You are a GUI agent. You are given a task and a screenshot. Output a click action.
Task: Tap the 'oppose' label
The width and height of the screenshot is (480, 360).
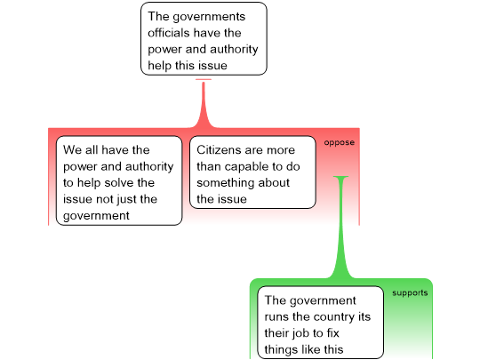[x=340, y=142]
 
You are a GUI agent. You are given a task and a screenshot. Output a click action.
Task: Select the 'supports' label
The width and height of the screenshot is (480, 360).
[x=410, y=293]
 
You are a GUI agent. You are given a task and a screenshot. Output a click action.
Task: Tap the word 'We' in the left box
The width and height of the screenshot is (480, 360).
[x=72, y=150]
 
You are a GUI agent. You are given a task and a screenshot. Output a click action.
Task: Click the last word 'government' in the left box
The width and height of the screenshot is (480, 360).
[x=96, y=216]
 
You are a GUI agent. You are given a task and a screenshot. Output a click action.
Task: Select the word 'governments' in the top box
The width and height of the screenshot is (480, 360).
[x=209, y=17]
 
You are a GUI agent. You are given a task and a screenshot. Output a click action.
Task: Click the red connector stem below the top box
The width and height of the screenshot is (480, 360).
[x=204, y=105]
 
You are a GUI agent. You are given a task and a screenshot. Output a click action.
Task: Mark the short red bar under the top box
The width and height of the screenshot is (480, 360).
[x=204, y=80]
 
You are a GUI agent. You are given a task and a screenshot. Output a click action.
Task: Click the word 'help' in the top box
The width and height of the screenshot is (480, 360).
[x=158, y=66]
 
